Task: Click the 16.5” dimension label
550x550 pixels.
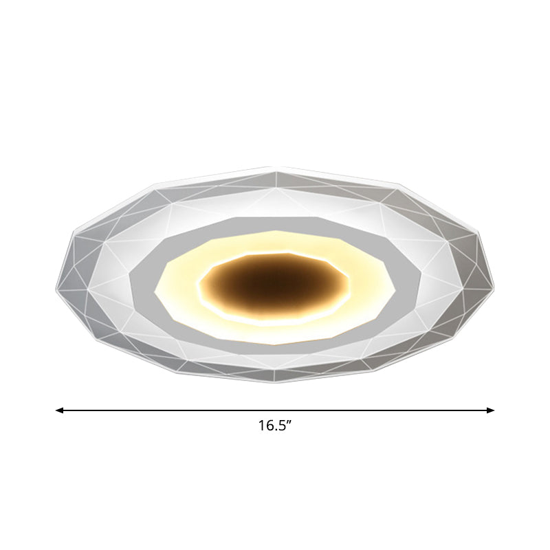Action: [276, 426]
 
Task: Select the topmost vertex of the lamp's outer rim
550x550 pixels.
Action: [275, 166]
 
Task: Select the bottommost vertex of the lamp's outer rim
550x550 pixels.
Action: [275, 383]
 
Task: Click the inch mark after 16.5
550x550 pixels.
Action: [291, 422]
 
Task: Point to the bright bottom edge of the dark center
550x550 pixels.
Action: [275, 317]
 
